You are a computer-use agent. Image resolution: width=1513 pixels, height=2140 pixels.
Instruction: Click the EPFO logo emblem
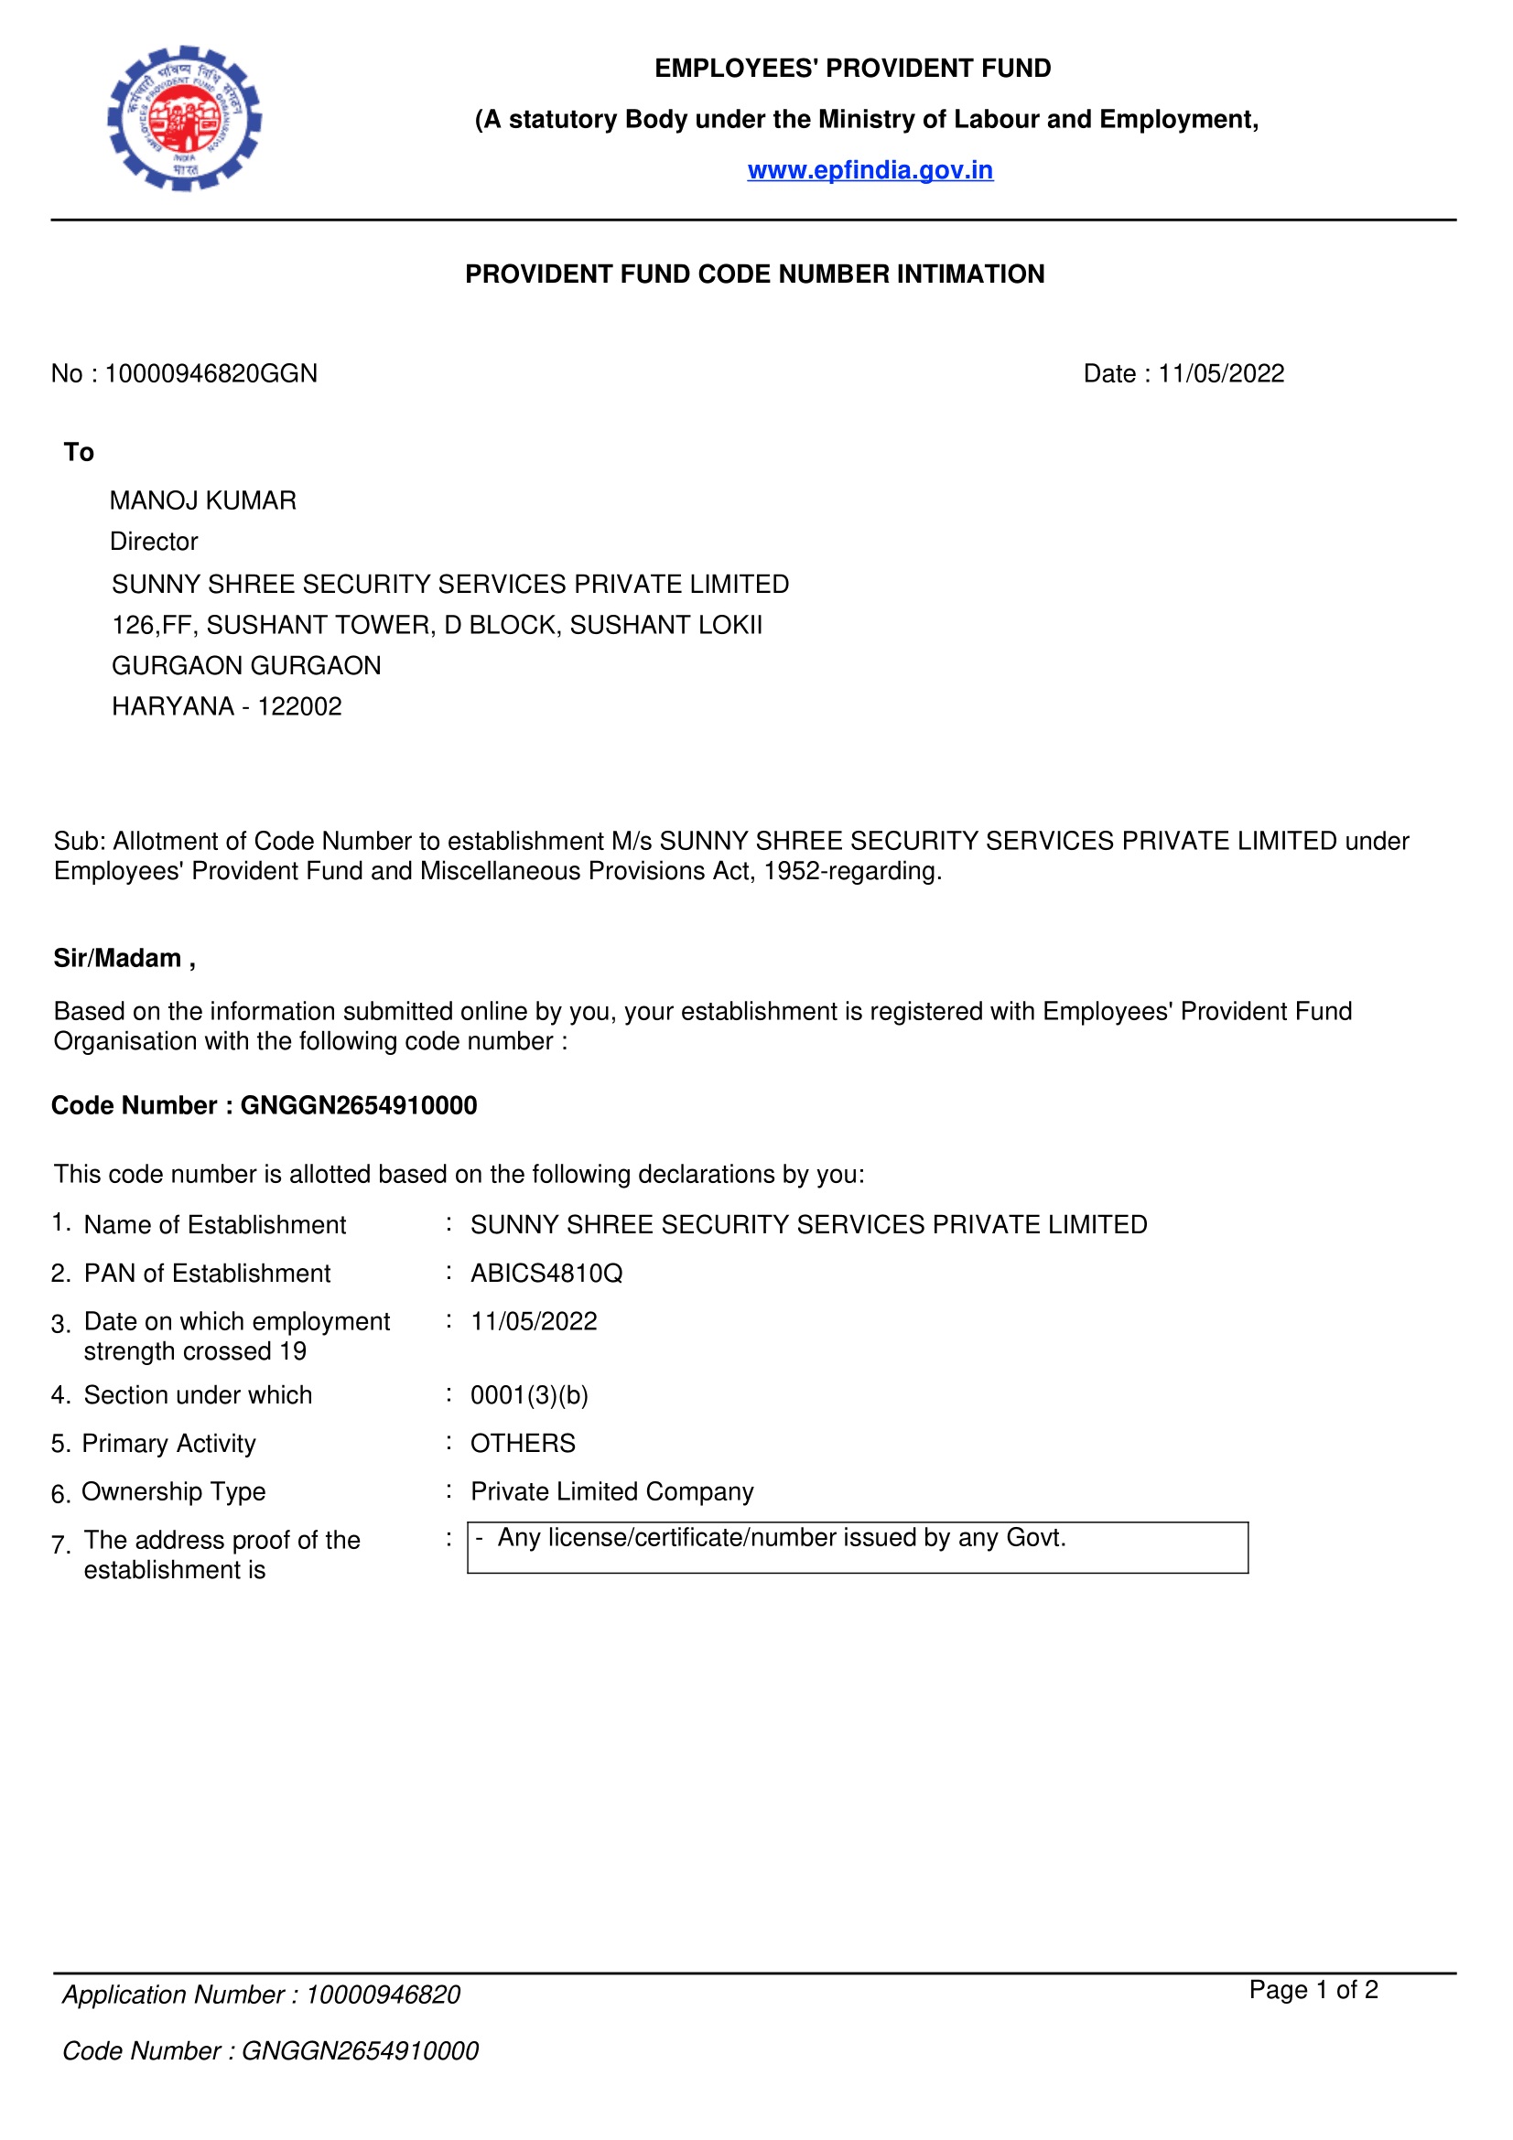[x=185, y=118]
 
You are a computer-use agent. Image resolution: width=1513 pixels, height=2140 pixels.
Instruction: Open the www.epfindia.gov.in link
[x=870, y=170]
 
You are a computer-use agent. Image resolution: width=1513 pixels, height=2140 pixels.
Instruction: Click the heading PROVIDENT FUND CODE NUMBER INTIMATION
[x=754, y=274]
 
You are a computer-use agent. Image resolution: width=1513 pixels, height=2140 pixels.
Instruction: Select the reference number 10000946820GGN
[x=211, y=374]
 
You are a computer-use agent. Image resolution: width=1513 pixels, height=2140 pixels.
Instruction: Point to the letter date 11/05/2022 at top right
[x=1220, y=374]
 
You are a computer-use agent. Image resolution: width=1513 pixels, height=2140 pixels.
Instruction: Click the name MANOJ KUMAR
[x=203, y=500]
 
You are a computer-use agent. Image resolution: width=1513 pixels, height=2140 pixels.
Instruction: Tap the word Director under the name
[x=154, y=542]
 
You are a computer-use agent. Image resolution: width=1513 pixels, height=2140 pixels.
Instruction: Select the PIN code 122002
[x=299, y=706]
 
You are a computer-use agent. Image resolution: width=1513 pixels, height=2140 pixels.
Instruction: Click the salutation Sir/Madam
[x=118, y=958]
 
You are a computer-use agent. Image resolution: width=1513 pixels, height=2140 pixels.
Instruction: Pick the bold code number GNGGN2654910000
[x=359, y=1105]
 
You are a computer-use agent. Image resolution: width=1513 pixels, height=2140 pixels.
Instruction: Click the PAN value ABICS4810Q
[x=546, y=1274]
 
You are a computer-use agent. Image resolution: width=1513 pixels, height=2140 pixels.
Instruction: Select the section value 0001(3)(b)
[x=529, y=1395]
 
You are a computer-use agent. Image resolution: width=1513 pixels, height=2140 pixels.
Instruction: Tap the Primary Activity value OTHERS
[x=523, y=1444]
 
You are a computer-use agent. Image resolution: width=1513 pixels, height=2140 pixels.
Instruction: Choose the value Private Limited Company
[x=611, y=1492]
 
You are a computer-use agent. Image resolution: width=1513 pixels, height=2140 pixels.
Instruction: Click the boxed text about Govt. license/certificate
[x=781, y=1538]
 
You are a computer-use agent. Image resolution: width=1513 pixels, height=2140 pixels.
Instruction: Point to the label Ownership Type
[x=173, y=1492]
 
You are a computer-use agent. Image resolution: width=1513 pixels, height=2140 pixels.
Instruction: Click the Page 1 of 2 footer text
[x=1313, y=1990]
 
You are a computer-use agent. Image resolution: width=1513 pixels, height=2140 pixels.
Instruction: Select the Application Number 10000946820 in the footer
[x=384, y=1995]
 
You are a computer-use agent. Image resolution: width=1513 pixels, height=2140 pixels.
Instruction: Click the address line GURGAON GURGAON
[x=246, y=665]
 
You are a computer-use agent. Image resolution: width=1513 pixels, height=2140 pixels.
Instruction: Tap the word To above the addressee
[x=80, y=452]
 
